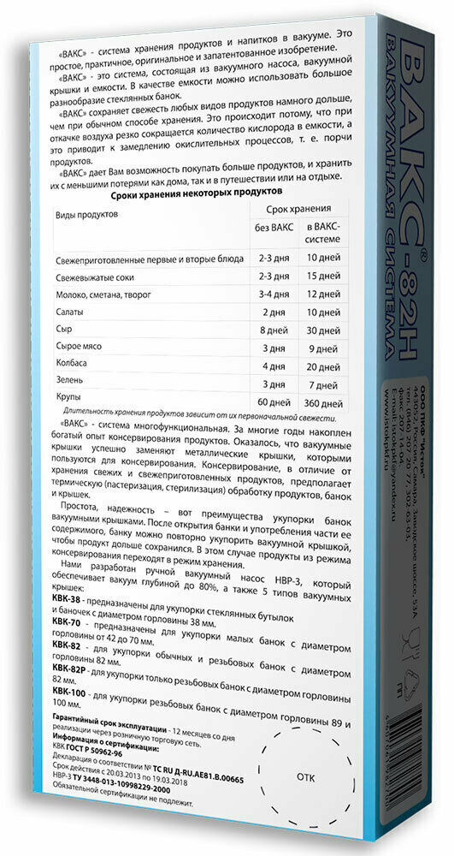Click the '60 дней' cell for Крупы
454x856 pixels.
coord(274,401)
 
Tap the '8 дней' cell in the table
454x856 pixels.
coord(274,329)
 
